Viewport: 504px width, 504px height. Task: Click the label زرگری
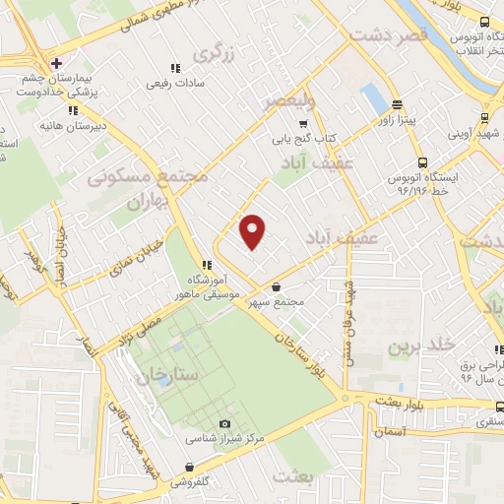(x=216, y=54)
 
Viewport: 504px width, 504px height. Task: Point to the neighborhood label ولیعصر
(x=290, y=100)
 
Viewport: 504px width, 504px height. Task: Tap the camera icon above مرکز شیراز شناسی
(x=224, y=422)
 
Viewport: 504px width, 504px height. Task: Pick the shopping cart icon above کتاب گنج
(x=303, y=124)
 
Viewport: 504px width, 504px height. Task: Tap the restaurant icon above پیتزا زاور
(x=398, y=104)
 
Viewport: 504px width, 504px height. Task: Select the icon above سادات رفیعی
(x=175, y=68)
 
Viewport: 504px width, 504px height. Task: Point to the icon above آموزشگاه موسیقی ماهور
(x=205, y=265)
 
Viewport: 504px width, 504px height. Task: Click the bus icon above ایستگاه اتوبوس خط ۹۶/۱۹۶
(x=422, y=162)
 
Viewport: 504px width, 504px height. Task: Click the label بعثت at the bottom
(x=293, y=479)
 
